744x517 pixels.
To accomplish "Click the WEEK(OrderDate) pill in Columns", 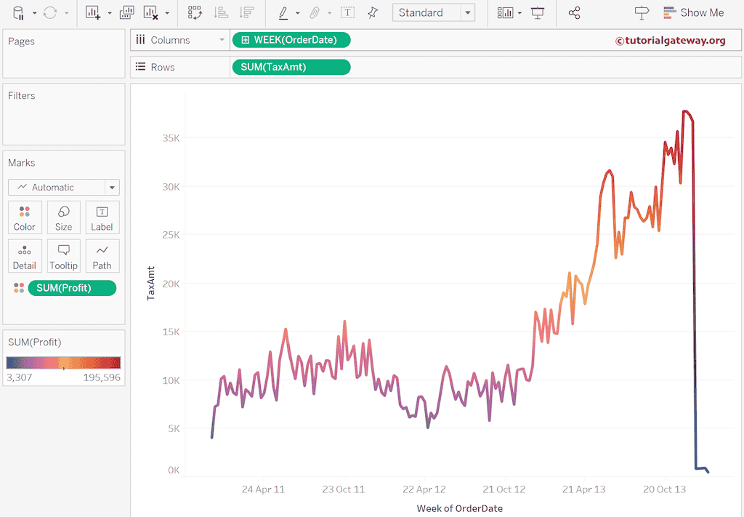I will coord(291,40).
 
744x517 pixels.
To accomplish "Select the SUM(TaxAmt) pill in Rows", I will coord(291,67).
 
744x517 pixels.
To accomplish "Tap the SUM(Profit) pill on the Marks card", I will coord(71,288).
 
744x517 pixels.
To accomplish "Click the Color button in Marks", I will coord(25,217).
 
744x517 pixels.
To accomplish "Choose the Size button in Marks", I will coord(63,217).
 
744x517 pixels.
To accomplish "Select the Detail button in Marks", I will coord(25,256).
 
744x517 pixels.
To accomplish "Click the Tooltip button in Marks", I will coord(63,256).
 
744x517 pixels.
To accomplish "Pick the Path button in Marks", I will coord(102,256).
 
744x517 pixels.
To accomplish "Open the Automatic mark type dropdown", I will coord(64,187).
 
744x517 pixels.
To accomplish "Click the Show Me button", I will coord(693,12).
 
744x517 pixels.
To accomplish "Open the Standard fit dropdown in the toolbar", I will coord(433,12).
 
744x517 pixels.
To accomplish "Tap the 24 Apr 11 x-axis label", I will coord(263,489).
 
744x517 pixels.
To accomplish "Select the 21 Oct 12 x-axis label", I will coord(504,489).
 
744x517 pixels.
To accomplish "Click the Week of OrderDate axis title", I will coord(459,508).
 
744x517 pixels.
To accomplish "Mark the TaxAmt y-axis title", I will coord(151,284).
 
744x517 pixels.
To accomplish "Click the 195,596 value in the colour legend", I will coord(102,377).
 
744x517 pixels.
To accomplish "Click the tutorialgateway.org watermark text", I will coord(670,41).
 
